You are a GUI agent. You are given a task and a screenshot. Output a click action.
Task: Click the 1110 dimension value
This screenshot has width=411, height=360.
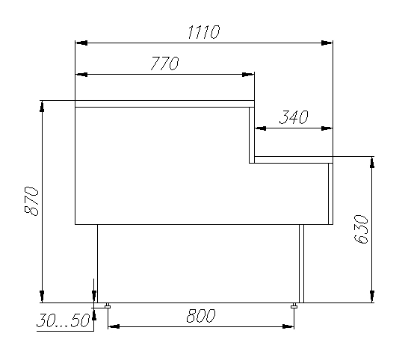(204, 33)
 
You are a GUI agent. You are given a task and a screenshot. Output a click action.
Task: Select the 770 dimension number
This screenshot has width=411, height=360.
(164, 64)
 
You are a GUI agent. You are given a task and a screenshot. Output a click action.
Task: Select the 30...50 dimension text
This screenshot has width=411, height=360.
(63, 321)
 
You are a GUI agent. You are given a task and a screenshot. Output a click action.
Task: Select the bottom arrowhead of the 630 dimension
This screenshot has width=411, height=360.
(371, 298)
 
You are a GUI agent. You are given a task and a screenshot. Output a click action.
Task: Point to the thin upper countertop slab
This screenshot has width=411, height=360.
(164, 104)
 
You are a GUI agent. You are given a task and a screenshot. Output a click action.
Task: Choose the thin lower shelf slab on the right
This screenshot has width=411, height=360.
(293, 160)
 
